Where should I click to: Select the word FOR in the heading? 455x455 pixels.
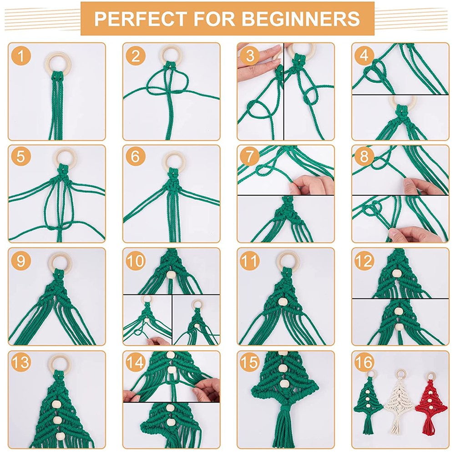click(213, 19)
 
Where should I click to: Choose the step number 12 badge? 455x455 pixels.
click(364, 261)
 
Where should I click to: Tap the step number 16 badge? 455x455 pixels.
click(364, 363)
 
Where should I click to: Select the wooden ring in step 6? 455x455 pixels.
click(173, 160)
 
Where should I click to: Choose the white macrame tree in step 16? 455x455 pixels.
click(399, 400)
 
